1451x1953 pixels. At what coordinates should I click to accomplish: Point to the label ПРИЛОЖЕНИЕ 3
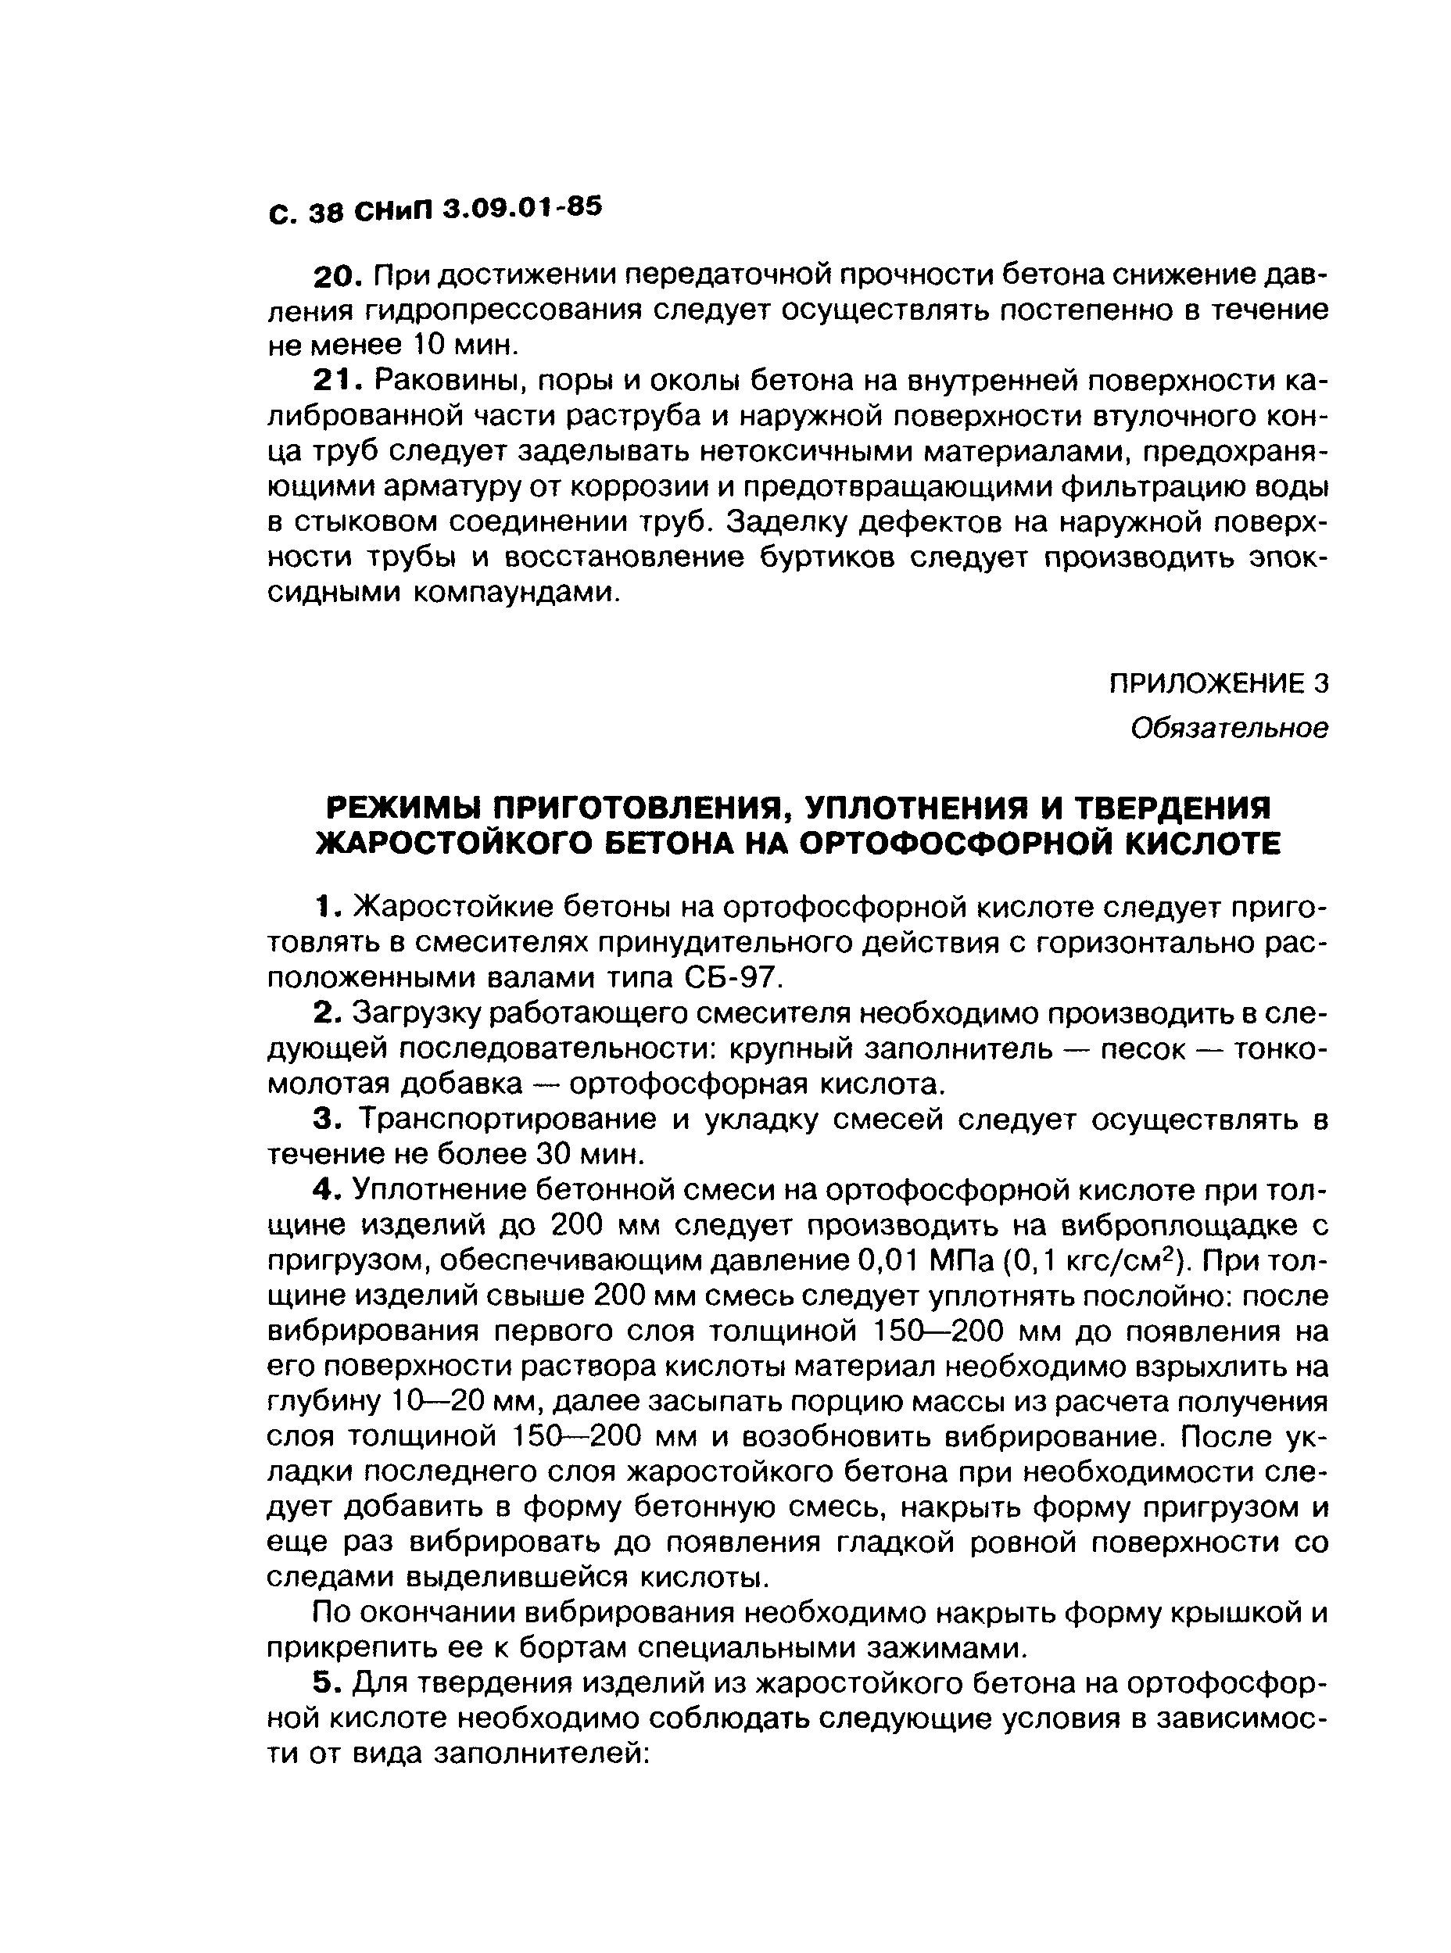pos(1218,683)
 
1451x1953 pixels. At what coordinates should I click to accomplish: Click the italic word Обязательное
pos(1229,728)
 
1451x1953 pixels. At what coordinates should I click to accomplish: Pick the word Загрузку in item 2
pos(417,1014)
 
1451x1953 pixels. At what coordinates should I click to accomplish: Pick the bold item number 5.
pos(326,1683)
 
